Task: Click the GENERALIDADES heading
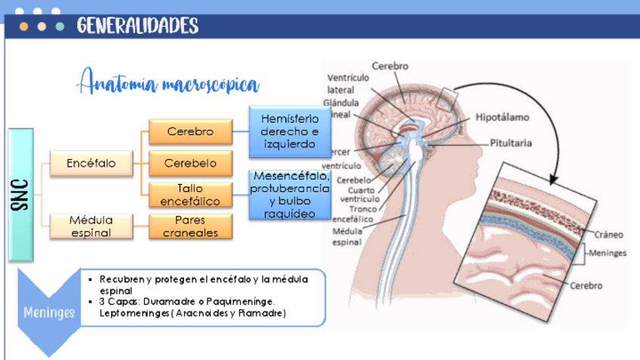(137, 26)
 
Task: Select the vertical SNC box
(21, 194)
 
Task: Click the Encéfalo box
(91, 162)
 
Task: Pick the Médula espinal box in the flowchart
(91, 226)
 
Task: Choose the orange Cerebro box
(189, 131)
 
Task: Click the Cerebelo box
(189, 163)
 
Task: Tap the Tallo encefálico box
(189, 195)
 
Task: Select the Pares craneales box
(189, 226)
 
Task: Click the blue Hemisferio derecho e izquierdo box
(289, 131)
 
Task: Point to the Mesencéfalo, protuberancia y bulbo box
(289, 195)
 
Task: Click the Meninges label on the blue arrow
(49, 312)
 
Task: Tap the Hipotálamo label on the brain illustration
(502, 117)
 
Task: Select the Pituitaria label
(511, 143)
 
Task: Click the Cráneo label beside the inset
(608, 235)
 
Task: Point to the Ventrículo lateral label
(348, 83)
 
